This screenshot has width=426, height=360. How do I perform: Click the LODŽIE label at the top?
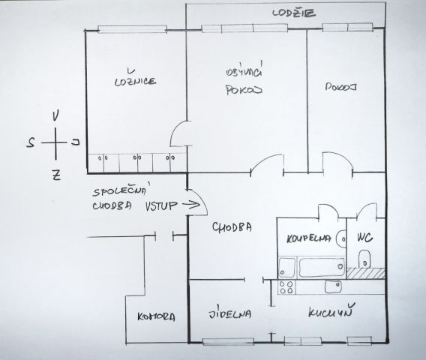pyautogui.click(x=294, y=13)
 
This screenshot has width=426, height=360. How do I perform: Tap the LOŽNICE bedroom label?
pyautogui.click(x=135, y=79)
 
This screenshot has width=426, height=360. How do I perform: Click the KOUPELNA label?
pyautogui.click(x=309, y=238)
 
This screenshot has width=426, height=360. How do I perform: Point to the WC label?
pyautogui.click(x=364, y=238)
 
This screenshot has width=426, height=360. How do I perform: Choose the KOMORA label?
pyautogui.click(x=156, y=316)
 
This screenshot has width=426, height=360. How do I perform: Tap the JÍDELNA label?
pyautogui.click(x=229, y=313)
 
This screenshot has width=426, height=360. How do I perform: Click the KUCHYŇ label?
pyautogui.click(x=331, y=311)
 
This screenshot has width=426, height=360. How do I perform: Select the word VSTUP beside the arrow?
pyautogui.click(x=160, y=206)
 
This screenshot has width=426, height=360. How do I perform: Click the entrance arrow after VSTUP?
pyautogui.click(x=191, y=205)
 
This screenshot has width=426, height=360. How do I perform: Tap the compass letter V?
pyautogui.click(x=55, y=115)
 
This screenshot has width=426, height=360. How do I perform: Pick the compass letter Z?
pyautogui.click(x=56, y=175)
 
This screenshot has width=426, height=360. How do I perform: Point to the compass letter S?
pyautogui.click(x=31, y=142)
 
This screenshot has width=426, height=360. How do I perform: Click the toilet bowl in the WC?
pyautogui.click(x=364, y=259)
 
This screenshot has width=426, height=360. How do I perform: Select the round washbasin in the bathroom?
pyautogui.click(x=341, y=238)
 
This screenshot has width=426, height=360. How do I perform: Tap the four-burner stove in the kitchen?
pyautogui.click(x=287, y=287)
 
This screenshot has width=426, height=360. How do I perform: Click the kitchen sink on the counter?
pyautogui.click(x=333, y=286)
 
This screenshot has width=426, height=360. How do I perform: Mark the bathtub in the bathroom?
pyautogui.click(x=322, y=267)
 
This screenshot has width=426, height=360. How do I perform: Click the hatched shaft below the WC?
pyautogui.click(x=366, y=273)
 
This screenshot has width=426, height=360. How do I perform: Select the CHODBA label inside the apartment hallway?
pyautogui.click(x=232, y=227)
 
